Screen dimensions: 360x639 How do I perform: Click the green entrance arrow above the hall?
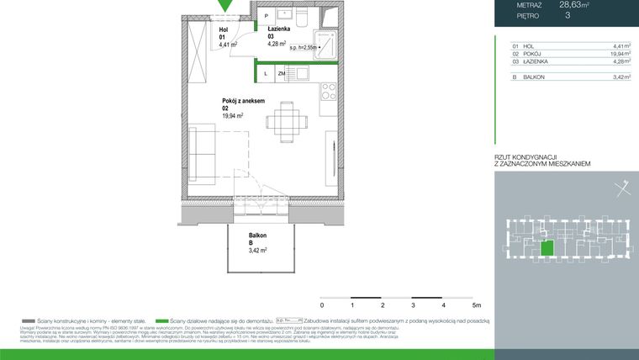point(224,6)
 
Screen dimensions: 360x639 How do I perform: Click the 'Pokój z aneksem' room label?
point(243,101)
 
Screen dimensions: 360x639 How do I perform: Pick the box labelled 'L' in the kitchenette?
point(266,74)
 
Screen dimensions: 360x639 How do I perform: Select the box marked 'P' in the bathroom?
point(267,16)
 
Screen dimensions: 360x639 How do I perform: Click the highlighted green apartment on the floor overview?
point(547,248)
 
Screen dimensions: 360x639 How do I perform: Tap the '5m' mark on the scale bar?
point(476,305)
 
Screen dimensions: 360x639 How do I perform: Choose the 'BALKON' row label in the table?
point(533,77)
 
